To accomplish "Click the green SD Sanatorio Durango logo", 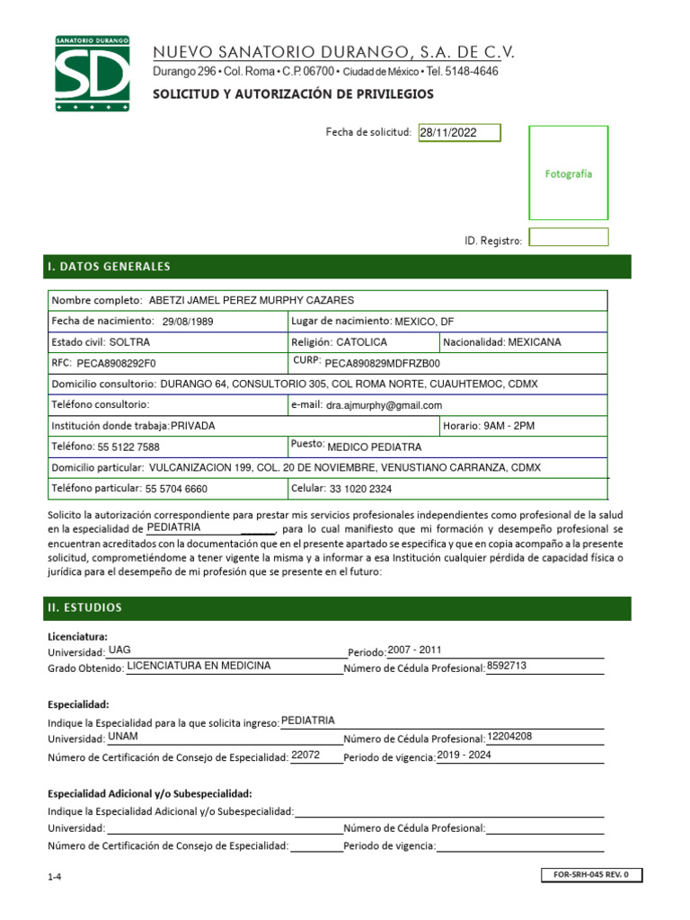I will [x=92, y=75].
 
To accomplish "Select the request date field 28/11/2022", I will [x=459, y=133].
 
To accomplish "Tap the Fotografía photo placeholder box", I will [x=568, y=173].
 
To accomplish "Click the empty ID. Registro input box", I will [x=568, y=238].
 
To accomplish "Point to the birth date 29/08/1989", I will [x=189, y=322].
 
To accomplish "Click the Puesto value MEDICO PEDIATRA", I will [x=374, y=447].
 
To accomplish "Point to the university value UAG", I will [x=119, y=650].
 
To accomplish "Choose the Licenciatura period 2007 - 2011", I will [x=414, y=650].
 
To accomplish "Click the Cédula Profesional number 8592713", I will [x=506, y=666].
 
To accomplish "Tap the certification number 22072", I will [x=305, y=756].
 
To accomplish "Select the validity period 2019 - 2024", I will [x=464, y=756].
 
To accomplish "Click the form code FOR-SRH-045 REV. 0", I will [x=592, y=874].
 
